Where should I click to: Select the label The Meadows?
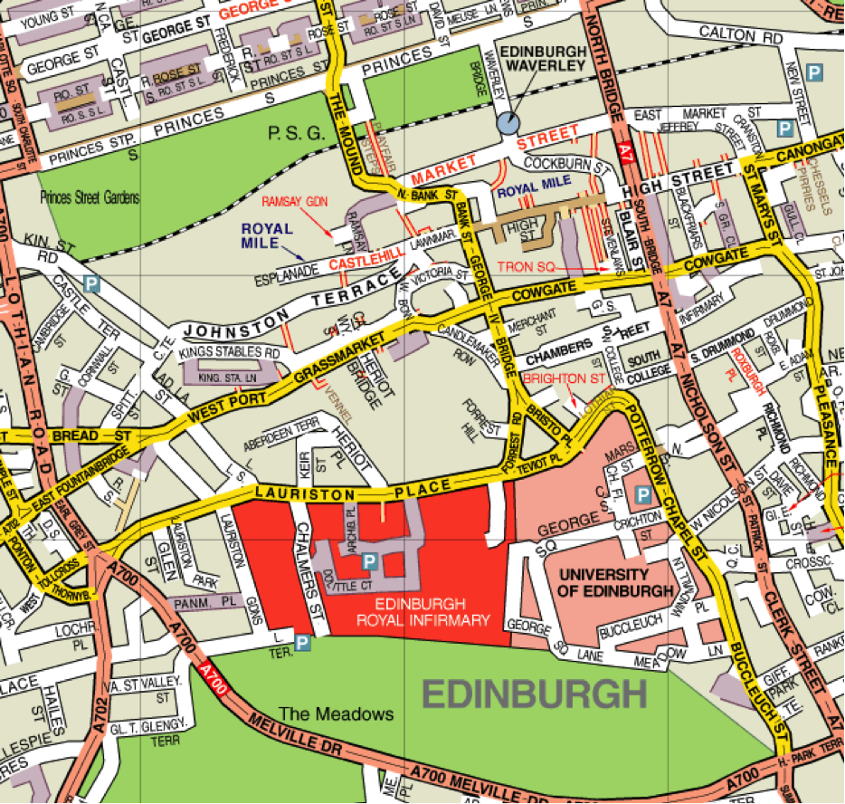(x=336, y=714)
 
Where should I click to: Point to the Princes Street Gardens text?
(x=90, y=198)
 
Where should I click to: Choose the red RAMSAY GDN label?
(x=292, y=201)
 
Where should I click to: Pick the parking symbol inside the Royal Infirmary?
(x=369, y=562)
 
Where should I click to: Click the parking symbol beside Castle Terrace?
(x=90, y=284)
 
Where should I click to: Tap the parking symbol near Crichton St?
(x=642, y=494)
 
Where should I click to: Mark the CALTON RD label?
(x=751, y=37)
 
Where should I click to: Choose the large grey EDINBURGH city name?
(x=535, y=694)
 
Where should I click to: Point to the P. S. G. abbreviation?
(x=295, y=134)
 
